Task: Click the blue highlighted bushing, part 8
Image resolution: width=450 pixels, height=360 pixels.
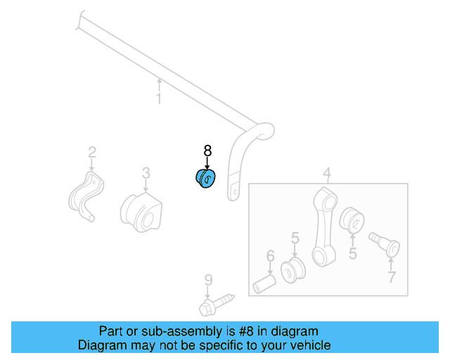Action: (205, 179)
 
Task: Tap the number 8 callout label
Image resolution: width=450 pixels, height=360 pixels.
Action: (207, 150)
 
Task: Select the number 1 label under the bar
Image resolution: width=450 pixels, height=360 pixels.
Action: (159, 98)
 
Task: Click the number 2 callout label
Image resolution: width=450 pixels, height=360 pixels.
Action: (92, 153)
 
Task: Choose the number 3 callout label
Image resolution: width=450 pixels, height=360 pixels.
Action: (146, 173)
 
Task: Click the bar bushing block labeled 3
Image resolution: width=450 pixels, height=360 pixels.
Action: (141, 212)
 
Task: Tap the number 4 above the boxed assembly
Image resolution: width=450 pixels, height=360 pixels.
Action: (327, 173)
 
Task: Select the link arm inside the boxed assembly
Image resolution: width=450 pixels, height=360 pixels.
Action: (324, 227)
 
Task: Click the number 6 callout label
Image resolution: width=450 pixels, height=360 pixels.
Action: (270, 256)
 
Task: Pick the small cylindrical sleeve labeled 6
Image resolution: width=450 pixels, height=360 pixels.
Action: (264, 284)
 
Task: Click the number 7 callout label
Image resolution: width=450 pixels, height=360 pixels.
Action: (392, 277)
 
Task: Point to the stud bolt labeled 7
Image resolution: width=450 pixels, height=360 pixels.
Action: (385, 244)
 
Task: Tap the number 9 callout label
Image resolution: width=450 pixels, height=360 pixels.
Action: (208, 280)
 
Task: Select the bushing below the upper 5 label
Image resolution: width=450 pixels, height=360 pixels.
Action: (292, 270)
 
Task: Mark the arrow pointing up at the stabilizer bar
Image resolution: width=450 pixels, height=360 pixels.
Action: (159, 85)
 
